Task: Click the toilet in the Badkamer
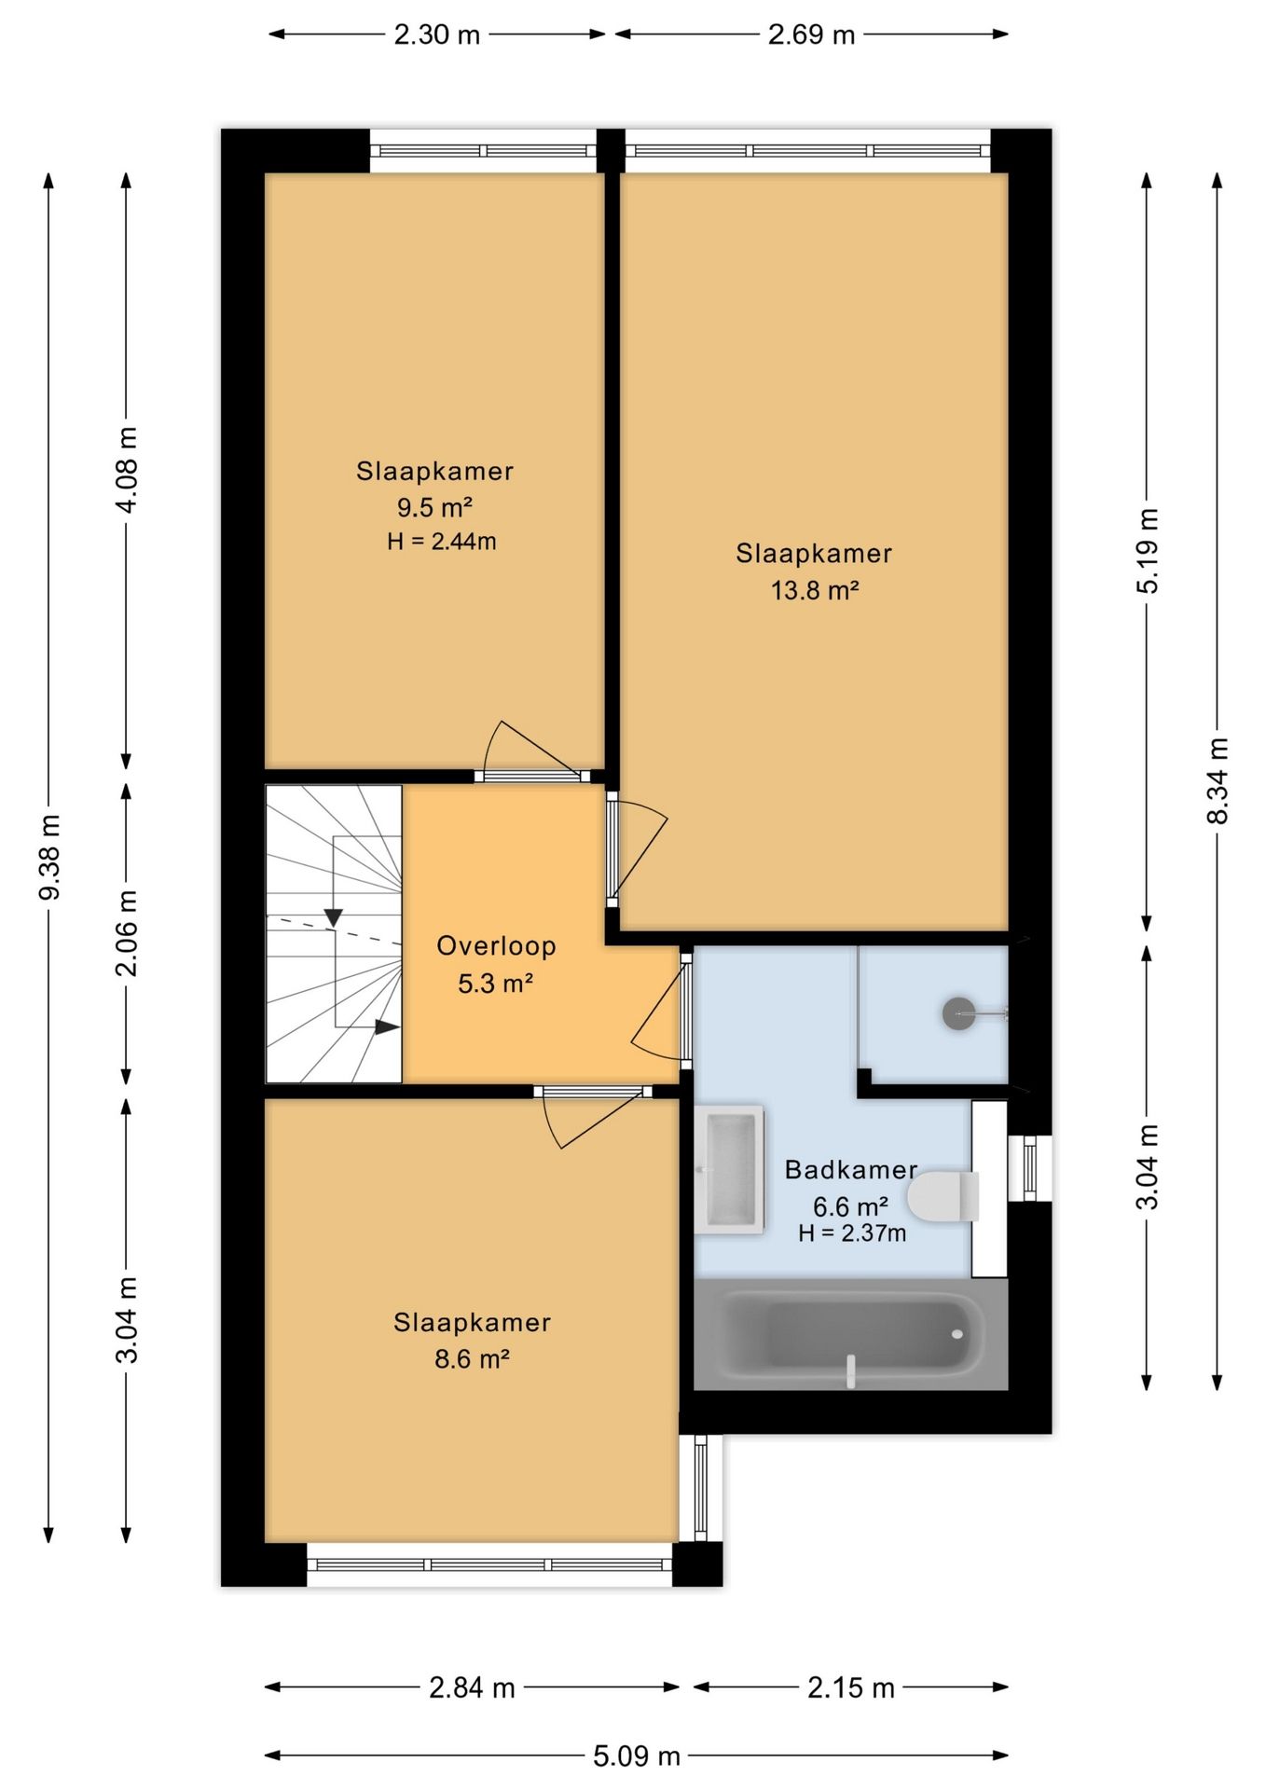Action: [x=943, y=1196]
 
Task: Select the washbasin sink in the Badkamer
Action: [x=730, y=1170]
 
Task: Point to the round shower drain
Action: [x=959, y=1013]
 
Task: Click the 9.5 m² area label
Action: [x=434, y=507]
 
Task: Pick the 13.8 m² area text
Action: [x=815, y=590]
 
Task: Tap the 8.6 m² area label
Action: [x=472, y=1358]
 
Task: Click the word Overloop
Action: [x=496, y=946]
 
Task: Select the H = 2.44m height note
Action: [x=442, y=541]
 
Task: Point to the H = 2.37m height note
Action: [x=852, y=1233]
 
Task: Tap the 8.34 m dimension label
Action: [x=1218, y=781]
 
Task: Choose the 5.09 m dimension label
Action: [x=637, y=1756]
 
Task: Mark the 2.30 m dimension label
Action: [x=436, y=34]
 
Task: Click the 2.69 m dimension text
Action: [x=811, y=34]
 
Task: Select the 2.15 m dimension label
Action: [x=851, y=1687]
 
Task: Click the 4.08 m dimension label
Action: [x=127, y=470]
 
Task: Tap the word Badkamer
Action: [x=851, y=1170]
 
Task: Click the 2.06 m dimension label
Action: [x=127, y=933]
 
